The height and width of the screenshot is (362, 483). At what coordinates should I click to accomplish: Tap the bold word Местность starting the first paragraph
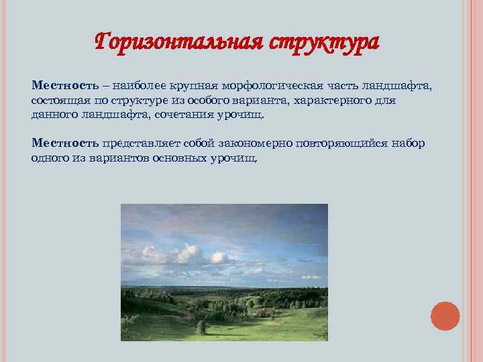(63, 86)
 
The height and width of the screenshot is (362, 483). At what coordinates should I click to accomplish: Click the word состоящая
(58, 101)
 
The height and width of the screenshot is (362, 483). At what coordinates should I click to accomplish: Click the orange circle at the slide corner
(445, 316)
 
